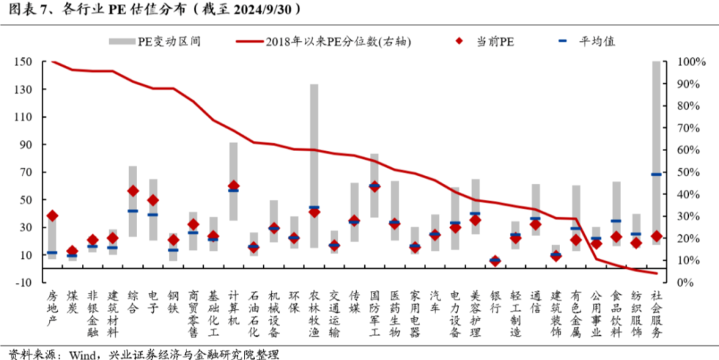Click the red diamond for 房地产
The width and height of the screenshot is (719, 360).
(x=53, y=216)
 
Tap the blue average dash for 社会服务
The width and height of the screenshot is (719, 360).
(x=656, y=174)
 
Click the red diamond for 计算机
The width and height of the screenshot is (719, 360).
(x=234, y=186)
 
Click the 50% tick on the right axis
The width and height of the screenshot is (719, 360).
(x=690, y=172)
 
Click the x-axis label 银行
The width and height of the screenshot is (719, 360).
(x=495, y=299)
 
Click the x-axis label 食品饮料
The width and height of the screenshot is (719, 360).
(x=616, y=313)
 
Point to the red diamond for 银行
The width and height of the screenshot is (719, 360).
(x=495, y=261)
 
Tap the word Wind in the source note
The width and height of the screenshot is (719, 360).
(x=81, y=353)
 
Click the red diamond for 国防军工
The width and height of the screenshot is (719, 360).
(x=374, y=186)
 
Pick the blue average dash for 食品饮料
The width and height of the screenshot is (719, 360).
(x=616, y=221)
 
